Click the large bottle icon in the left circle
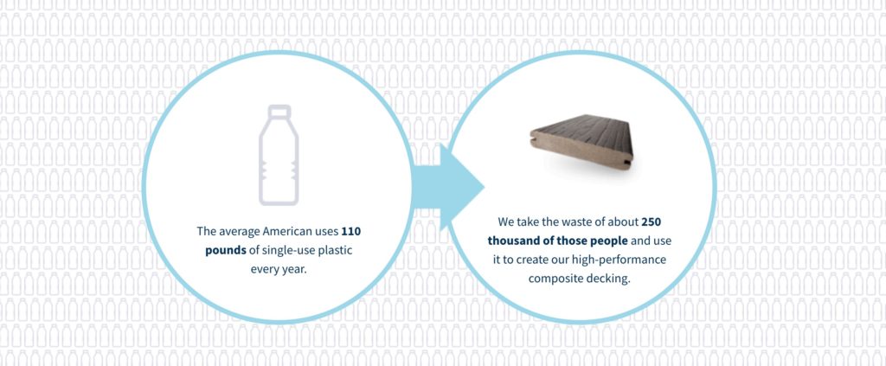(x=279, y=155)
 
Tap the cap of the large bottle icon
(x=279, y=111)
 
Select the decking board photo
(x=581, y=142)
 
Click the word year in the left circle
(x=294, y=269)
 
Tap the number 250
(x=652, y=222)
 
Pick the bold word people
(x=609, y=241)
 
